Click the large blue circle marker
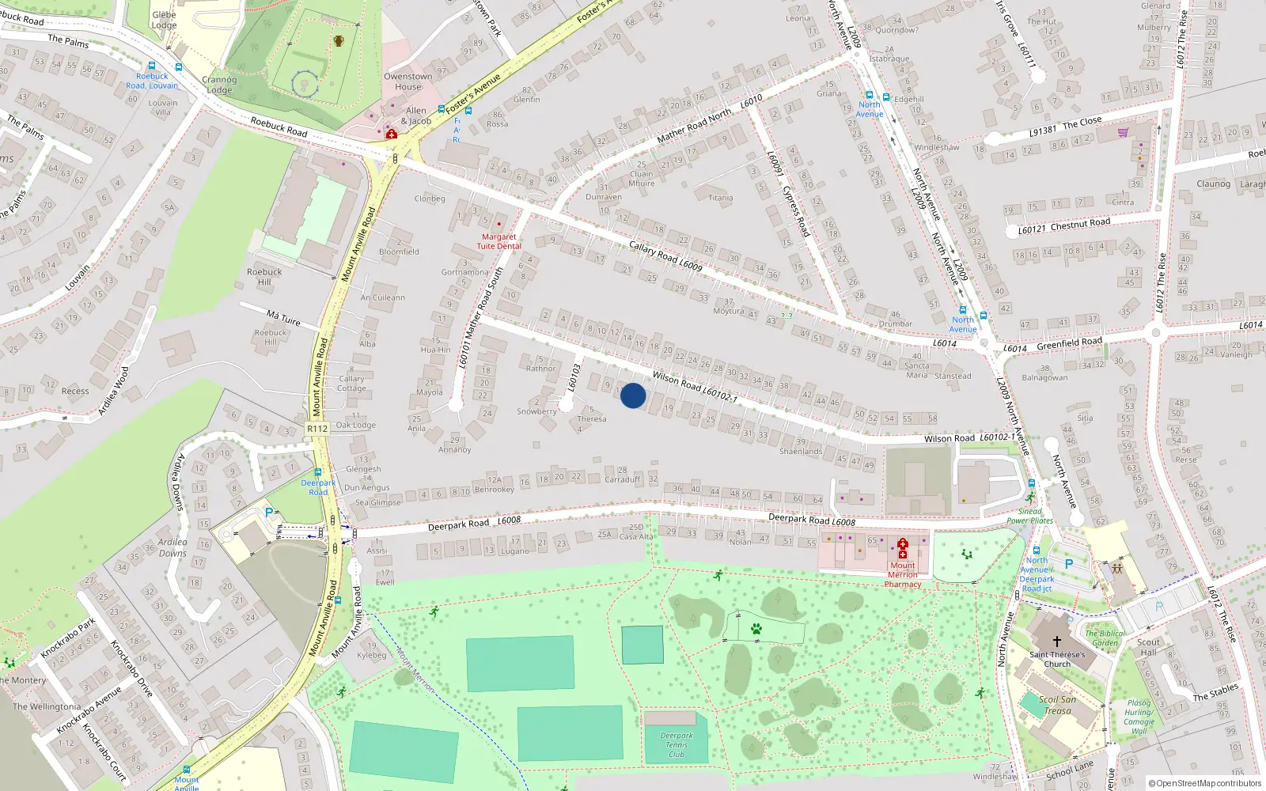click(x=633, y=395)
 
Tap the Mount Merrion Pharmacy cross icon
click(x=902, y=548)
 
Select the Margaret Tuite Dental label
click(x=498, y=241)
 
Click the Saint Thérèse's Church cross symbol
click(x=1056, y=642)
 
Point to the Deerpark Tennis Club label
click(x=677, y=744)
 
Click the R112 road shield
click(x=317, y=429)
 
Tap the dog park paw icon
click(x=756, y=629)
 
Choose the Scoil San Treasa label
click(x=1057, y=705)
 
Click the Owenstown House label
click(x=408, y=81)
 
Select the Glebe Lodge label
click(x=164, y=20)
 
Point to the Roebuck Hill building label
click(x=264, y=277)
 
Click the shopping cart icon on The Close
click(x=1123, y=132)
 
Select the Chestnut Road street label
click(x=1080, y=225)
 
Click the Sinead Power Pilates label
click(x=1029, y=516)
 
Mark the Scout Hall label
click(x=1148, y=647)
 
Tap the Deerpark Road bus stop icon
click(x=317, y=473)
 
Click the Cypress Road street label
click(x=796, y=210)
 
